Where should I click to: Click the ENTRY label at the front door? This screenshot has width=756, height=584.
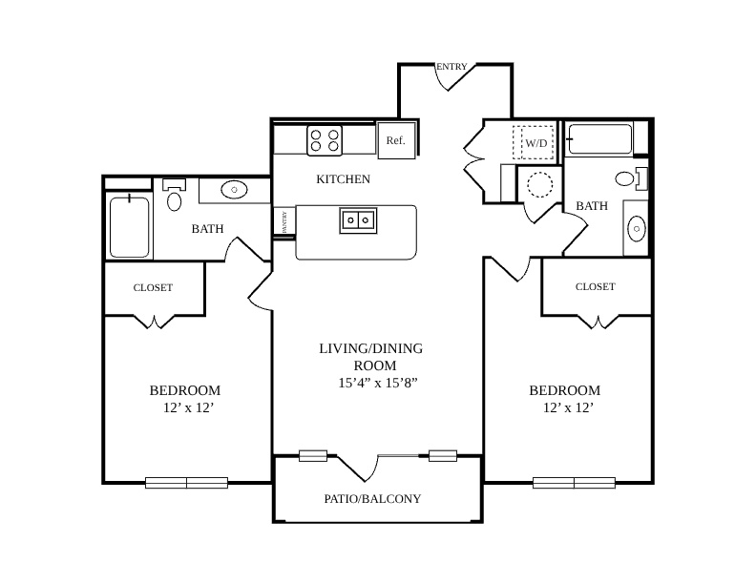point(451,67)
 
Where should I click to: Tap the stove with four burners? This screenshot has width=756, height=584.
point(325,140)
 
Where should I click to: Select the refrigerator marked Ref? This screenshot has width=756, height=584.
point(396,140)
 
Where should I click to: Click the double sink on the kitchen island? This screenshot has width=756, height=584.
point(358,220)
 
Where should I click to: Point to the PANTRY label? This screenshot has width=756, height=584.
point(284,221)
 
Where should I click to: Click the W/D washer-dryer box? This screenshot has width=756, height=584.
point(533,142)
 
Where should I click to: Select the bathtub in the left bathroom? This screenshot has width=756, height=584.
point(129,227)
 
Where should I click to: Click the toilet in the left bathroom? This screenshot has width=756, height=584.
point(174,195)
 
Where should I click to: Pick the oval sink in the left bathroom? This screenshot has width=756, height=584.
point(234,190)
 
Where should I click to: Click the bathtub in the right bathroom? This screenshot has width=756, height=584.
point(599,139)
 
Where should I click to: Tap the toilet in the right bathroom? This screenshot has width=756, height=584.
point(631,178)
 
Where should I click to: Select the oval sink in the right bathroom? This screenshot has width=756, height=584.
point(637,228)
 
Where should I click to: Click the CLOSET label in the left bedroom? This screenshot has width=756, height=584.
point(153,287)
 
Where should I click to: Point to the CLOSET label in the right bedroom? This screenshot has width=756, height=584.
point(596,286)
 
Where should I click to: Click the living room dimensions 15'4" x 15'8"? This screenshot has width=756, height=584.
point(377,383)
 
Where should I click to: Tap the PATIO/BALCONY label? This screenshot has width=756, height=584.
point(372,499)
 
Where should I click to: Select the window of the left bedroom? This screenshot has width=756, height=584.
point(186,482)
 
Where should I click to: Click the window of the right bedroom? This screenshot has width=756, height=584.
point(574,482)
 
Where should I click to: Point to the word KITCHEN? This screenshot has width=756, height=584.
point(344,179)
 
